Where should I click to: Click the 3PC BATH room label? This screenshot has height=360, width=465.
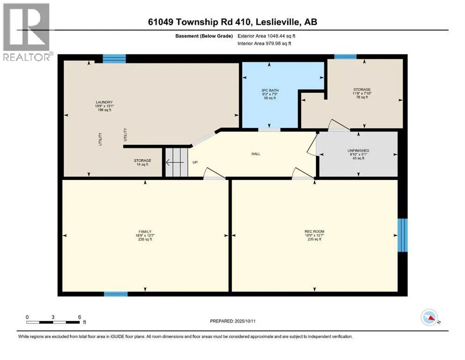coord(270,90)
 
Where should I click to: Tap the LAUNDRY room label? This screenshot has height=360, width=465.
coord(104,102)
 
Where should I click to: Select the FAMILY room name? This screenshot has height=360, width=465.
coord(145,232)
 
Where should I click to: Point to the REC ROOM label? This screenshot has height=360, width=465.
coord(314,232)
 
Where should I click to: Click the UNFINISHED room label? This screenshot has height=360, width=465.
coord(358,150)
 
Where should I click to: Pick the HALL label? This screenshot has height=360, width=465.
coord(256,154)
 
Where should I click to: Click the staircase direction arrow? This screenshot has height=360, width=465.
coord(175,162)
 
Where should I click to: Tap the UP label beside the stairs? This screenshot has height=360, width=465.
coord(195,162)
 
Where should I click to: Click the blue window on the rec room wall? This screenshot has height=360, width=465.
coord(402,235)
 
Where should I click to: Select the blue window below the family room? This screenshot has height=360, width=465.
coord(116,294)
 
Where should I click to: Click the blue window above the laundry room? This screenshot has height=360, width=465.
coord(114,59)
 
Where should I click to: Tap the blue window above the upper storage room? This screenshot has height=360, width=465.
coord(345,57)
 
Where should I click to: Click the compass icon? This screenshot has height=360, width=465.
coord(429,317)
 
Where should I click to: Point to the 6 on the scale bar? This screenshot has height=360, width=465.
coord(80,317)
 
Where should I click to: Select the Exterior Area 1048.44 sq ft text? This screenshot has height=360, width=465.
coord(266,36)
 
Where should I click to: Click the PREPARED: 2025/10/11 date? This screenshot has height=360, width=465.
coord(233,321)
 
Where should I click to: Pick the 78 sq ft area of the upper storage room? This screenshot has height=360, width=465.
coord(362,97)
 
